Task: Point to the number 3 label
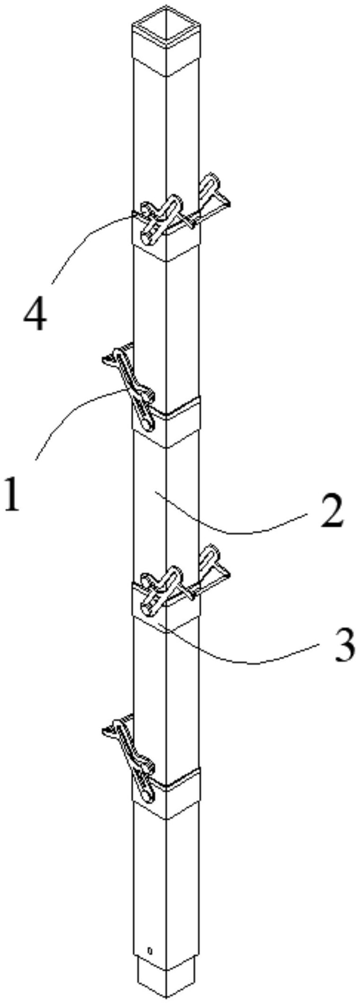click(344, 646)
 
